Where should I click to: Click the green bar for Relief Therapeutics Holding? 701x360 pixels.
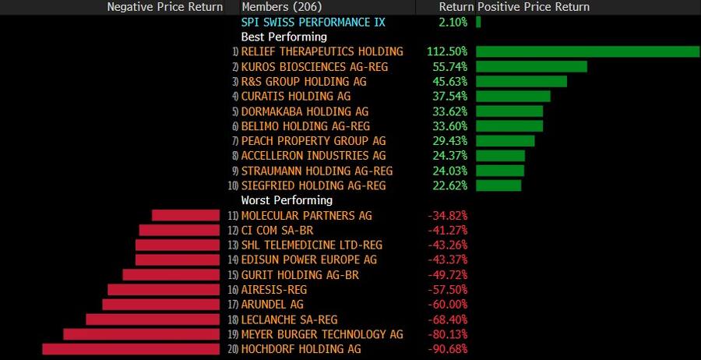coord(587,51)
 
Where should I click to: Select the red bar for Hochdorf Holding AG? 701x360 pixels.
coord(131,349)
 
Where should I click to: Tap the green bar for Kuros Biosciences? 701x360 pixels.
coord(530,66)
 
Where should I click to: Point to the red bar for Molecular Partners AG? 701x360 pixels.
coord(185,215)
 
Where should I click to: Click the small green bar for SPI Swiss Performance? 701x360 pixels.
coord(478,22)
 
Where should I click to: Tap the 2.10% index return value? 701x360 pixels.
coord(453,22)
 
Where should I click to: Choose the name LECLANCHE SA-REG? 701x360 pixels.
coord(289,319)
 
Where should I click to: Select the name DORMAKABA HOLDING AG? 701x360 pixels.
coord(305,111)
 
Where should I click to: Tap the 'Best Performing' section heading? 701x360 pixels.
coord(284,37)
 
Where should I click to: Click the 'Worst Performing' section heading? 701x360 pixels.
coord(287,200)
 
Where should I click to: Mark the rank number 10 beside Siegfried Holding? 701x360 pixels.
coord(233,186)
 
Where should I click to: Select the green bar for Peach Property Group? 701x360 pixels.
coord(505,141)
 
